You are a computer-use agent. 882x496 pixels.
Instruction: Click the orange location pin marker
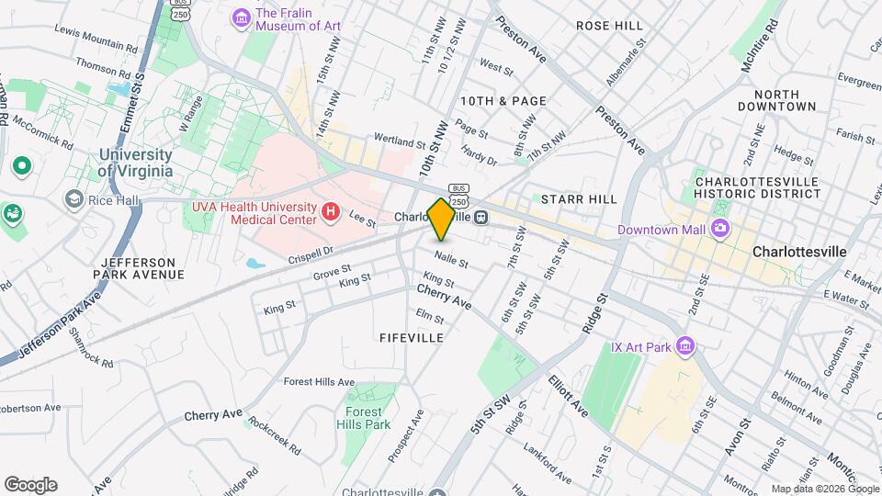[x=441, y=219]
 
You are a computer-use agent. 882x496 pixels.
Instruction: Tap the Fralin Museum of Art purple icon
[x=242, y=17]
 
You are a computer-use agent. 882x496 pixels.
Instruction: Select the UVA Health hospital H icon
[x=331, y=214]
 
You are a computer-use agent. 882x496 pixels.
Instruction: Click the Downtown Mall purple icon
[x=722, y=229]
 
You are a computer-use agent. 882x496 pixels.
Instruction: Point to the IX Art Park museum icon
[x=684, y=346]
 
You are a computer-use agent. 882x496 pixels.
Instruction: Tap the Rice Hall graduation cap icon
[x=73, y=199]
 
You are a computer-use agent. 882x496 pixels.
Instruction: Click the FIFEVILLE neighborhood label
[x=412, y=338]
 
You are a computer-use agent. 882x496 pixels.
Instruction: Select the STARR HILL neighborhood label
[x=579, y=198]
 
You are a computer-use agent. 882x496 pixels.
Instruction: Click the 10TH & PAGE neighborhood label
[x=504, y=101]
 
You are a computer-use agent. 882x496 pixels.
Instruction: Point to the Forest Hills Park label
[x=367, y=418]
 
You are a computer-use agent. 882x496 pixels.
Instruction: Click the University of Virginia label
[x=135, y=163]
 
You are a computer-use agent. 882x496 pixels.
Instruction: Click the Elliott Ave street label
[x=569, y=393]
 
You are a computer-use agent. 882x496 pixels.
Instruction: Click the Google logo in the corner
[x=30, y=485]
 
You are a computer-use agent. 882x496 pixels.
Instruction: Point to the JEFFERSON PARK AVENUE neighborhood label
[x=140, y=267]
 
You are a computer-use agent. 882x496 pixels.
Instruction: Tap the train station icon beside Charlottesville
[x=481, y=217]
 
